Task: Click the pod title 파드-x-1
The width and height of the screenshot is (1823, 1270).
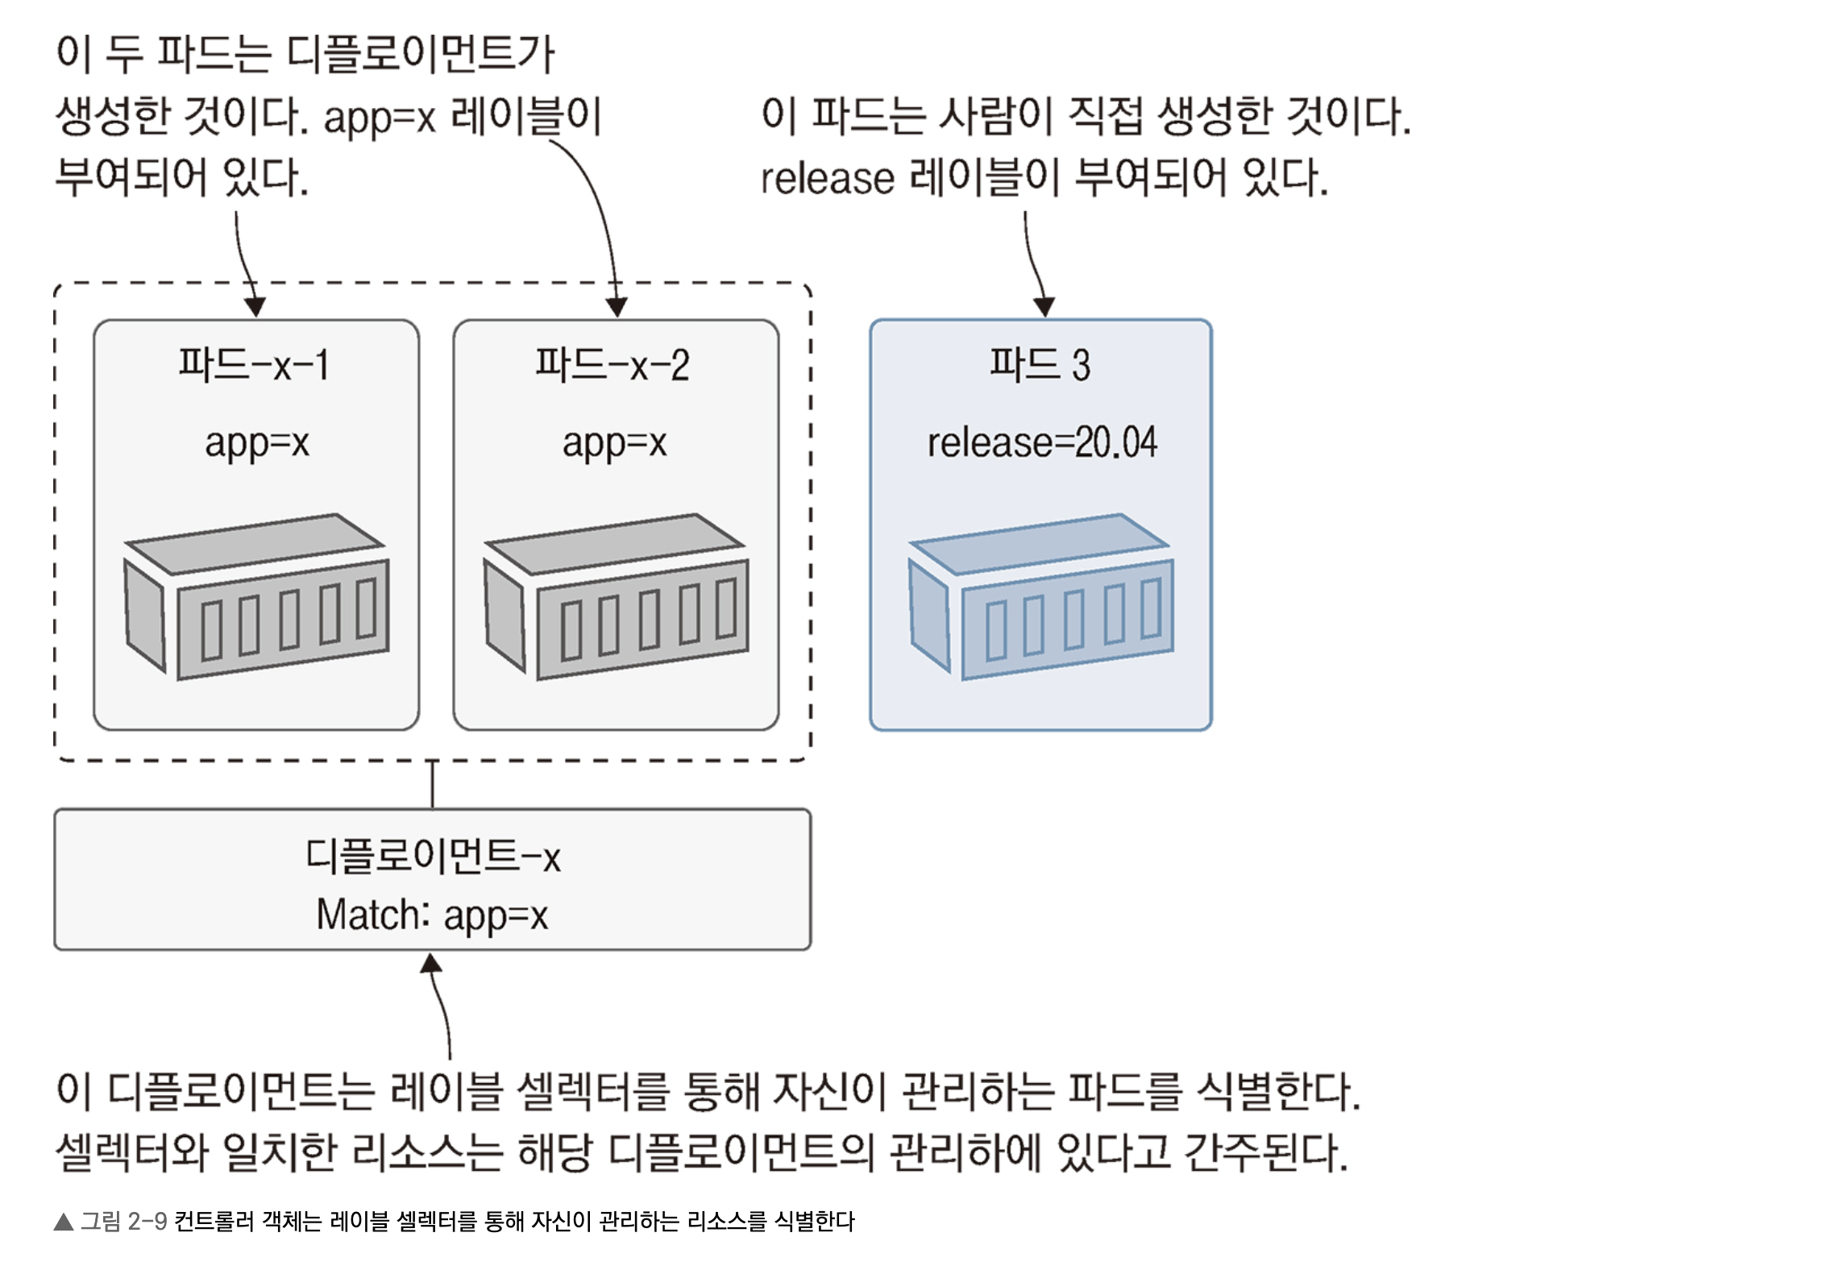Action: coord(254,364)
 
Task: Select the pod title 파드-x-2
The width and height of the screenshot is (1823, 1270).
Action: coord(613,364)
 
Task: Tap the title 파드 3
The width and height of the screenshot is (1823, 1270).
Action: coord(1040,364)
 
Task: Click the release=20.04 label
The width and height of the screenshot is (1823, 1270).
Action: coord(1042,442)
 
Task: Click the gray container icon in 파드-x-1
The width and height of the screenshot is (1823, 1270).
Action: coord(257,596)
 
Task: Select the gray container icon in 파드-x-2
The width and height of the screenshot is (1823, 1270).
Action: coord(617,596)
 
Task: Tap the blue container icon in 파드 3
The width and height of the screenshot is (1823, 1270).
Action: coord(1041,596)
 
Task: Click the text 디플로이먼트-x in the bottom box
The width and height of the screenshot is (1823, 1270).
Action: coord(433,856)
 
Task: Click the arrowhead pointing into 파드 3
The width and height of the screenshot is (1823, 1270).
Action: coord(1044,307)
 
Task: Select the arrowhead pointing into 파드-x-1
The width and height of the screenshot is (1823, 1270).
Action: coord(255,307)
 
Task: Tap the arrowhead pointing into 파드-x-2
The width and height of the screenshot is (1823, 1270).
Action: coord(617,307)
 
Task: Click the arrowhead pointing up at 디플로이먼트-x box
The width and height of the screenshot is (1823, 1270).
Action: coord(432,963)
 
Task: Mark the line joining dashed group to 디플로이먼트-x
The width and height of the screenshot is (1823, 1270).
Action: coord(433,785)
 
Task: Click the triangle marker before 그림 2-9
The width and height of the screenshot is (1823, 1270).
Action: coord(64,1222)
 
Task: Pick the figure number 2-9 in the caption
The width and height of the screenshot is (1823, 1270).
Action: coord(147,1222)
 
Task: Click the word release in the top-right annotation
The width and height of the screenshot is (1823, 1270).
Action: coord(828,178)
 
